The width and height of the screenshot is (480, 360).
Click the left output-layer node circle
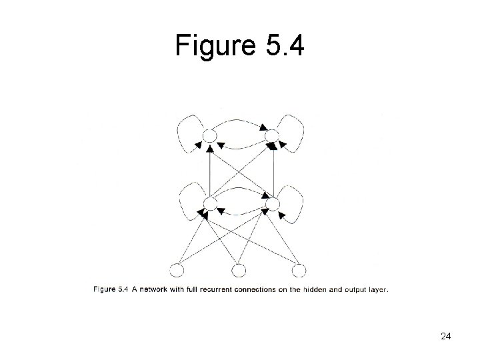click(x=209, y=137)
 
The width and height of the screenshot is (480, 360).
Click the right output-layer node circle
click(x=271, y=137)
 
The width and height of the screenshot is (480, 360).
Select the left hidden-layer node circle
click(x=209, y=203)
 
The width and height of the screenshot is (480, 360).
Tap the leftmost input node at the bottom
click(x=177, y=270)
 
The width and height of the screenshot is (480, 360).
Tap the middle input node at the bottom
click(x=239, y=270)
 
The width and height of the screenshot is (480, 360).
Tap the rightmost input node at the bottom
click(x=299, y=270)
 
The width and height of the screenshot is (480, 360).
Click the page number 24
click(x=446, y=337)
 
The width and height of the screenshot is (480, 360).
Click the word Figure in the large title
click(x=213, y=47)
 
